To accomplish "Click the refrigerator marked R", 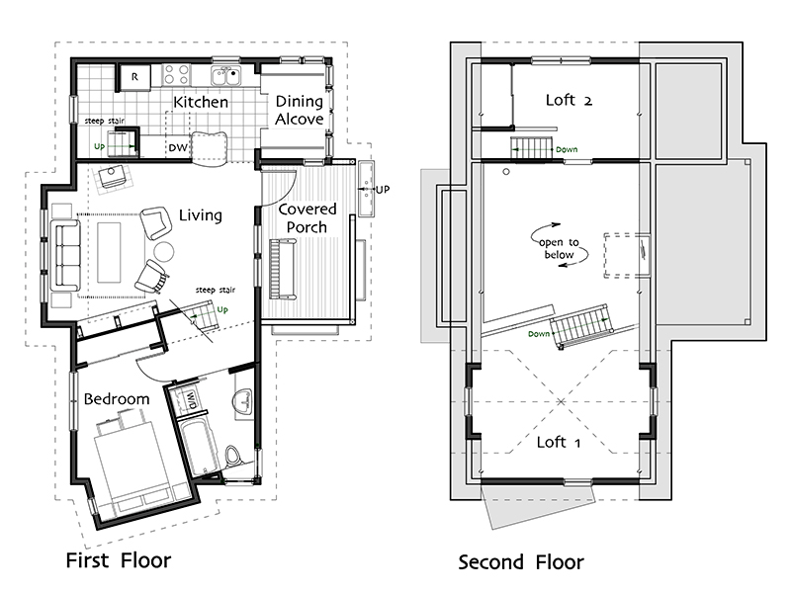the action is pyautogui.click(x=134, y=77).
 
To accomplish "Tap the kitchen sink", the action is pyautogui.click(x=225, y=76).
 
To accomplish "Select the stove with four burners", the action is pyautogui.click(x=177, y=75).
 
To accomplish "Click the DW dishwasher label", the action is pyautogui.click(x=178, y=147).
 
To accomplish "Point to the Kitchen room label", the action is pyautogui.click(x=201, y=102).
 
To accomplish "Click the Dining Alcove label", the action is pyautogui.click(x=300, y=110).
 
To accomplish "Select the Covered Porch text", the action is pyautogui.click(x=308, y=217).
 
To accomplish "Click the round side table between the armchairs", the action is pyautogui.click(x=163, y=251).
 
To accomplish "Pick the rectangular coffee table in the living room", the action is pyautogui.click(x=109, y=252).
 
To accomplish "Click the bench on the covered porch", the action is pyautogui.click(x=283, y=269).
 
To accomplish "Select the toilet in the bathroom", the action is pyautogui.click(x=233, y=456).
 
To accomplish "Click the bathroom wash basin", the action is pyautogui.click(x=242, y=401).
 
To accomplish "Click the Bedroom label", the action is pyautogui.click(x=117, y=399).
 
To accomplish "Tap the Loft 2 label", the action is pyautogui.click(x=570, y=100).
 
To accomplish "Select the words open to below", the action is pyautogui.click(x=559, y=249).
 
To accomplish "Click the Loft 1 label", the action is pyautogui.click(x=559, y=442).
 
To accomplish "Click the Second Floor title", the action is pyautogui.click(x=521, y=561).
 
